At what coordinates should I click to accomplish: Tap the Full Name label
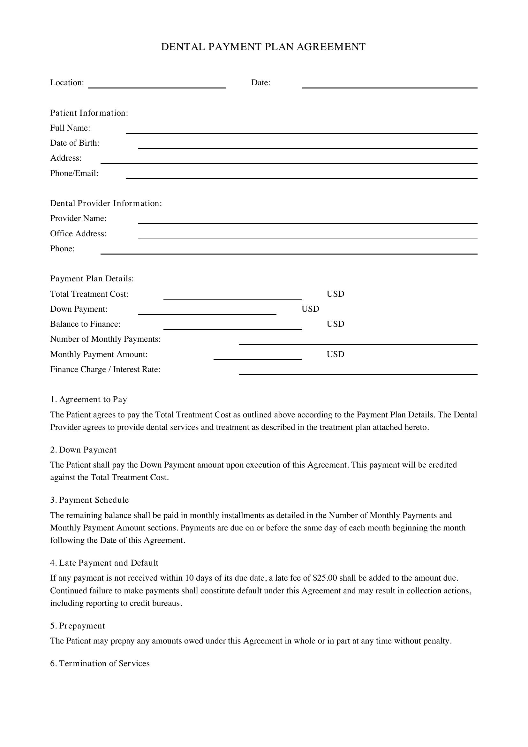click(x=70, y=128)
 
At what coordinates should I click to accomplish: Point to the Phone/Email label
click(x=74, y=173)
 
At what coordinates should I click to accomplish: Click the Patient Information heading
click(x=89, y=113)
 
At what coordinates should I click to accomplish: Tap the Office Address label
click(x=78, y=233)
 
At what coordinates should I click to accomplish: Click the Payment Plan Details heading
click(x=92, y=278)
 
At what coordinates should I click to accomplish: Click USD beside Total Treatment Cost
click(x=335, y=294)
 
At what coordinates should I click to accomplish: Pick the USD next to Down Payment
click(x=310, y=309)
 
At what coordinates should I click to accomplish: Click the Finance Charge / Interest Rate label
click(x=105, y=369)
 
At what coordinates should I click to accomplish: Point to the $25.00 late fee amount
click(x=325, y=578)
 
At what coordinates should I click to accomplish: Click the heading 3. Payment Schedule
click(x=89, y=500)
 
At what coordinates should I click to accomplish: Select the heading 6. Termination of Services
click(x=100, y=663)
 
